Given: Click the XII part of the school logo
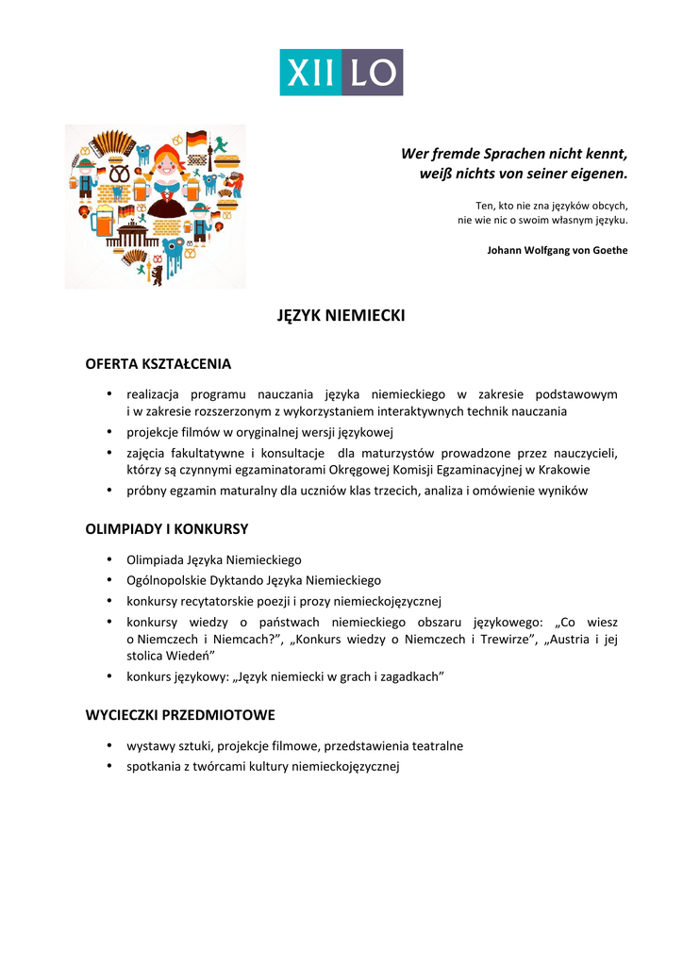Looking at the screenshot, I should tap(309, 73).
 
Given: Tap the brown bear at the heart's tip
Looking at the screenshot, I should tap(156, 275).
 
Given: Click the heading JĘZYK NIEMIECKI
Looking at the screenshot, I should tap(341, 315).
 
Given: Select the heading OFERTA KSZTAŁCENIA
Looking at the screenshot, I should tap(158, 364).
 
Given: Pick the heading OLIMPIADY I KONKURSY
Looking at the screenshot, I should tap(167, 529).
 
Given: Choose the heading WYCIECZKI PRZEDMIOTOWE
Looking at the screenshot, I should tap(180, 715).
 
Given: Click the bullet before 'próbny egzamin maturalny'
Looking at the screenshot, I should tap(109, 491).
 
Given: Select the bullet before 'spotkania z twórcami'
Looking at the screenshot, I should tap(109, 766).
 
